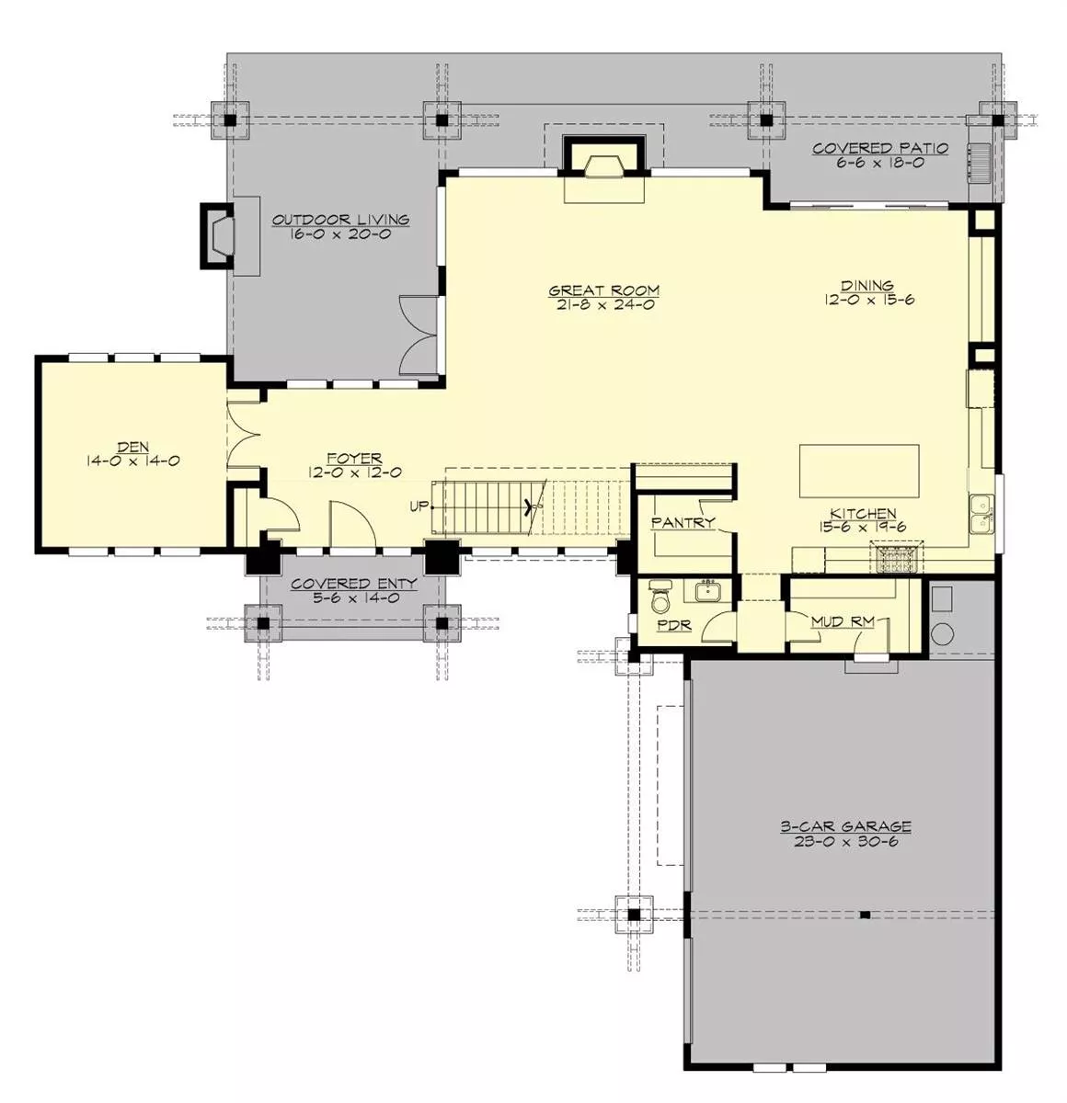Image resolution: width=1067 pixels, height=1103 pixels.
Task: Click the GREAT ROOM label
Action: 603,290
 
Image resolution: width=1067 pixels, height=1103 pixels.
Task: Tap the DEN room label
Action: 133,447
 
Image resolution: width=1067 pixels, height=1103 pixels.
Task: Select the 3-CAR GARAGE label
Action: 845,826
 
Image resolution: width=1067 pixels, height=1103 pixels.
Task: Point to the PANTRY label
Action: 683,522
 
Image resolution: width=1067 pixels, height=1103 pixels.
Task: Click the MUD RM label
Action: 843,621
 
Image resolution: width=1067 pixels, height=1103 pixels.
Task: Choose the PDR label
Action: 674,626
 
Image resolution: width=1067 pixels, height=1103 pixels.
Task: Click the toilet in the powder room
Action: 660,597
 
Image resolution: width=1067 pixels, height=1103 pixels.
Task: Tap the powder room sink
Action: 707,591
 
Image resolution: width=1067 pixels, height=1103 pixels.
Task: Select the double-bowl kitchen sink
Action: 981,514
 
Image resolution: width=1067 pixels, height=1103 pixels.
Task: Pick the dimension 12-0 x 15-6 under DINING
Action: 869,300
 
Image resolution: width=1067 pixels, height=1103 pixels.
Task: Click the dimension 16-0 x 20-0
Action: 340,233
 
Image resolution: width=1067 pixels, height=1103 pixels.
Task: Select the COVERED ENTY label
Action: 354,584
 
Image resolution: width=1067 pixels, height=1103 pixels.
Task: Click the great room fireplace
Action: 604,162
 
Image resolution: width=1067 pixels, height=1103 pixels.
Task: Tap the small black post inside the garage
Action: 865,915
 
